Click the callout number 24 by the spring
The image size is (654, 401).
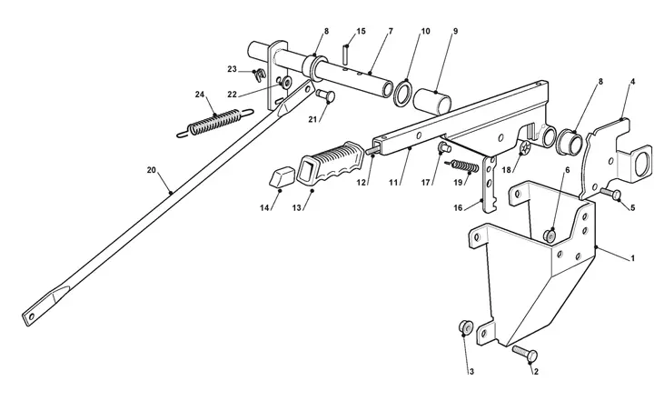point(200,95)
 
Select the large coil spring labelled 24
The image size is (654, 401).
point(214,123)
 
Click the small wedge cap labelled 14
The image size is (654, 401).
point(281,176)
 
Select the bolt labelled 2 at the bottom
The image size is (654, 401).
point(525,355)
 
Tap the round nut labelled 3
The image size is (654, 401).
point(465,326)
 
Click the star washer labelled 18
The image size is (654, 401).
point(526,147)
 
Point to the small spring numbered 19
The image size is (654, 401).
point(462,165)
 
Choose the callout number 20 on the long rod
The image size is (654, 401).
point(151,170)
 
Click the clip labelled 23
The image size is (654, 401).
point(260,75)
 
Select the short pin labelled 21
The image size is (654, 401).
point(325,95)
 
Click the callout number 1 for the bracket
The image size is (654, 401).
point(632,258)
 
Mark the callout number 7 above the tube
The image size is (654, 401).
point(391,31)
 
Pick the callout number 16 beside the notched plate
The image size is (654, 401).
point(458,207)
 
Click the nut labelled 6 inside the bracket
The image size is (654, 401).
point(550,236)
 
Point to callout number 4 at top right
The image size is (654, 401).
point(632,82)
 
